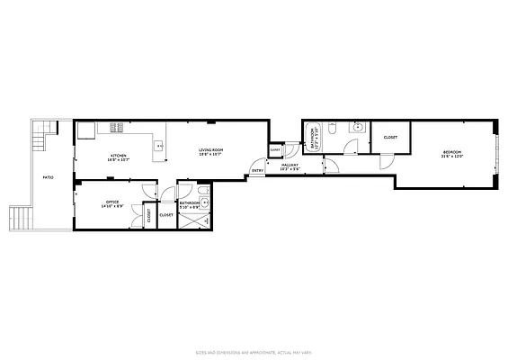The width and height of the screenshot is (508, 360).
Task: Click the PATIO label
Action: click(x=48, y=177)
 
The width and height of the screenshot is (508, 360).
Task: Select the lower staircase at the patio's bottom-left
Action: click(x=20, y=217)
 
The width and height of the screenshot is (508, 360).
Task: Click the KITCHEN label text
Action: click(x=119, y=156)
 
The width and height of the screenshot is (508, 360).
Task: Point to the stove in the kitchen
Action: click(x=116, y=127)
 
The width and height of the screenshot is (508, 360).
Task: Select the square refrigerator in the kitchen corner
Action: click(x=85, y=130)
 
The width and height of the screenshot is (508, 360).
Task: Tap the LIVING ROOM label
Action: click(x=210, y=151)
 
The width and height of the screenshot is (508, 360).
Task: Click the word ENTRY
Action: click(x=257, y=170)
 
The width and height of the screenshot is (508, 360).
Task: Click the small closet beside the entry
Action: click(x=275, y=150)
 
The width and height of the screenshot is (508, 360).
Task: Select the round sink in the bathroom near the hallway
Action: click(x=358, y=128)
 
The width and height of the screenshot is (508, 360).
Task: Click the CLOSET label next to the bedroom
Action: click(x=390, y=137)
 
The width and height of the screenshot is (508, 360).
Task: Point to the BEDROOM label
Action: click(x=451, y=153)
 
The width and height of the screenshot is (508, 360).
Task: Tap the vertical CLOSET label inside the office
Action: click(x=149, y=215)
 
